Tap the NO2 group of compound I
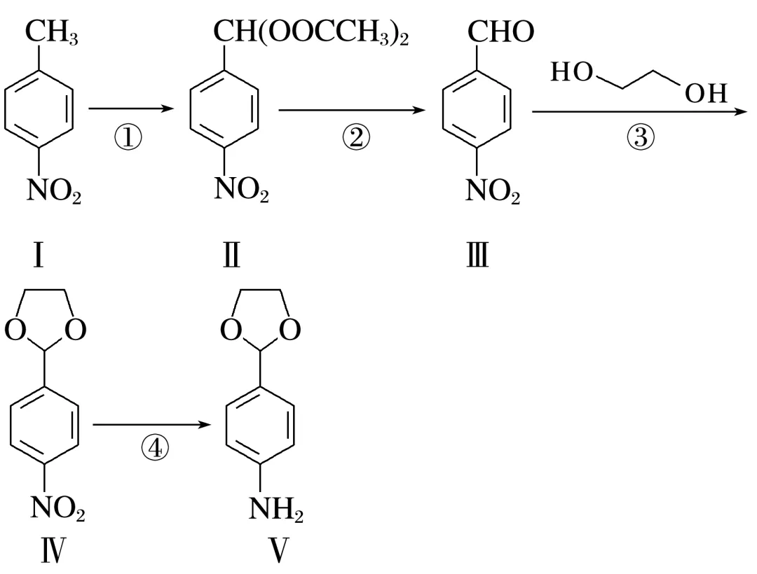(53, 190)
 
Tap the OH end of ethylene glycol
(707, 94)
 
